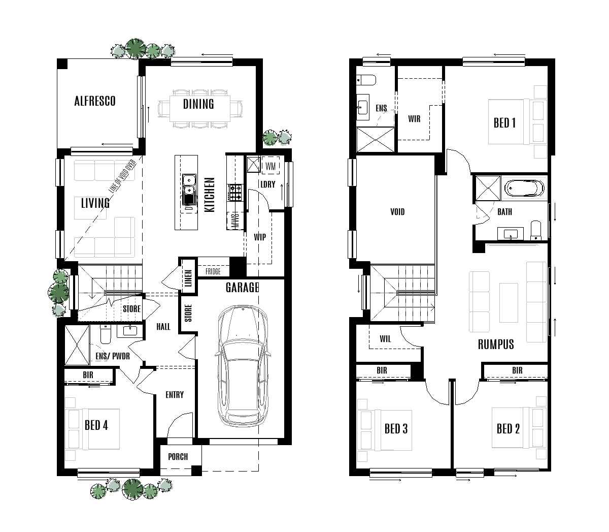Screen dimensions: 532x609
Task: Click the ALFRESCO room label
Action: (x=95, y=101)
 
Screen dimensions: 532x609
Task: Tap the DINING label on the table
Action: (x=198, y=104)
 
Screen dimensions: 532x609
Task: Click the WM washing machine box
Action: (x=269, y=166)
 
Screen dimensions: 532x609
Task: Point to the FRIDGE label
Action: (x=213, y=272)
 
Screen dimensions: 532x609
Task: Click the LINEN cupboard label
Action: (x=188, y=278)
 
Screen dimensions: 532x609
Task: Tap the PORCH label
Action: (x=178, y=456)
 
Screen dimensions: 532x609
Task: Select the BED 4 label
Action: (x=95, y=425)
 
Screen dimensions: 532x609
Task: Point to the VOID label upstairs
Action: (x=397, y=211)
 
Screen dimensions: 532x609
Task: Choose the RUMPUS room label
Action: (x=496, y=345)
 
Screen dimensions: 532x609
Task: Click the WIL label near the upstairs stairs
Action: (x=385, y=339)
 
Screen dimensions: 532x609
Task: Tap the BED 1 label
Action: (x=504, y=122)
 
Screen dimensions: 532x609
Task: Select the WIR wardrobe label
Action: (x=414, y=119)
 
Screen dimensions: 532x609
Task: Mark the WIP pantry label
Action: (x=260, y=237)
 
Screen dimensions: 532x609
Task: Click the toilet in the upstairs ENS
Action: (x=365, y=80)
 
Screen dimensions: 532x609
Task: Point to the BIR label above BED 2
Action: (x=517, y=370)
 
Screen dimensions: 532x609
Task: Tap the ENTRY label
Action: (x=175, y=394)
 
